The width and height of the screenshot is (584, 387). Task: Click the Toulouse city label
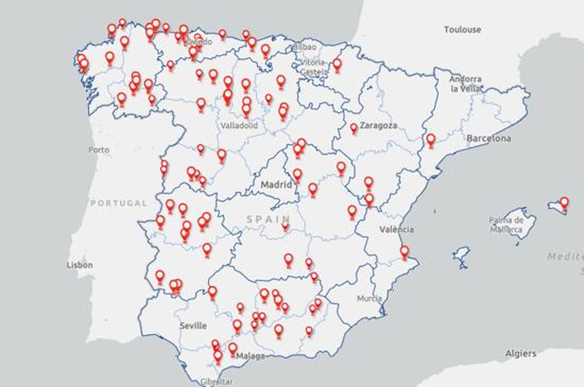462,30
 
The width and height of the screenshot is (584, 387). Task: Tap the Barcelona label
488,138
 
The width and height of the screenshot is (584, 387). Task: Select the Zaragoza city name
378,126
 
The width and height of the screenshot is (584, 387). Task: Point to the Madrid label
276,184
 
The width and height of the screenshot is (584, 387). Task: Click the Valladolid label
239,126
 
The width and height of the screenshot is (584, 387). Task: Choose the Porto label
99,150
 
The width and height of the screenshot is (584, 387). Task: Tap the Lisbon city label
80,265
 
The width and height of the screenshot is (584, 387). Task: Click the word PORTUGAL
119,203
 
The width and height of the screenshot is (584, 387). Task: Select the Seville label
193,325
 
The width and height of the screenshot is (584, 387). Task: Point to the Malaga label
250,356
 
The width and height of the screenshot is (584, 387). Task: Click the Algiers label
520,353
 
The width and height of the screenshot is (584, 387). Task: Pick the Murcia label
369,298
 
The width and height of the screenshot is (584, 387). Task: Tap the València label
396,230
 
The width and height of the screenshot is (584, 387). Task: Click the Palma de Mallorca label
506,225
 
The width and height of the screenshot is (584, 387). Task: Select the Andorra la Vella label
465,84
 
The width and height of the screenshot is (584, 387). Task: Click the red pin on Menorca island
564,203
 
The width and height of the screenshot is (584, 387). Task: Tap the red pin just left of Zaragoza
353,128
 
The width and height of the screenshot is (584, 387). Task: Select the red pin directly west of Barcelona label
431,139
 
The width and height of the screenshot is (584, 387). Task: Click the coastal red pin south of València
404,251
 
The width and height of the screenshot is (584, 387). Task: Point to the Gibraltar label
216,382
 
